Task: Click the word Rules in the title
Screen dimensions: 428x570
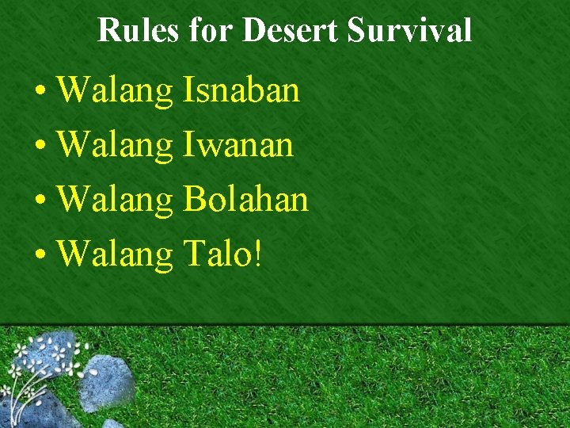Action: [139, 30]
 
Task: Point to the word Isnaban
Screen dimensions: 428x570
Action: [241, 90]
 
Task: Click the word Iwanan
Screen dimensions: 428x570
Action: [238, 145]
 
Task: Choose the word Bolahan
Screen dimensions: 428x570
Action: [245, 199]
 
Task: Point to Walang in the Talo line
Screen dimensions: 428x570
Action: [116, 254]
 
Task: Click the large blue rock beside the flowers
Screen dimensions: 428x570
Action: [107, 382]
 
